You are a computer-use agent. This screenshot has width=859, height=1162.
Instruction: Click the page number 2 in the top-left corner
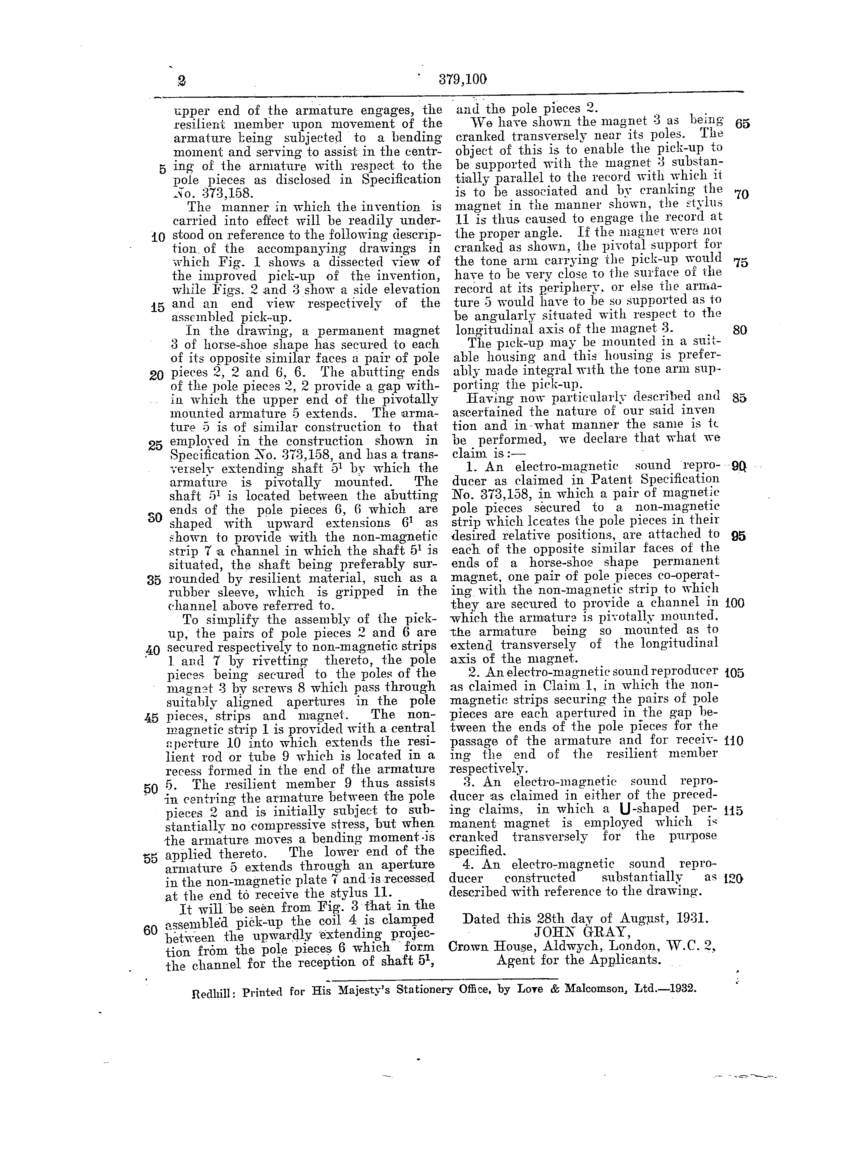pyautogui.click(x=182, y=80)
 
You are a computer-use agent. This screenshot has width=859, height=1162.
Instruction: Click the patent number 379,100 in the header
pyautogui.click(x=462, y=79)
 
